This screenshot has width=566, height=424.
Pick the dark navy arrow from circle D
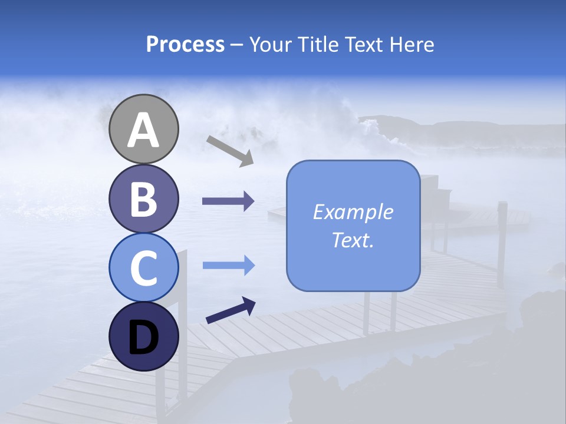[231, 311]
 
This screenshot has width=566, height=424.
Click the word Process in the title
[185, 44]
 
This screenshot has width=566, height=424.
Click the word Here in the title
[411, 44]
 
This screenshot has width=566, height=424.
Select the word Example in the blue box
[353, 212]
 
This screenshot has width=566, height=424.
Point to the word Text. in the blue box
[353, 240]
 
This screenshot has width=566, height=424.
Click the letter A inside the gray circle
[144, 131]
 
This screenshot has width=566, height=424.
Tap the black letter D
[144, 337]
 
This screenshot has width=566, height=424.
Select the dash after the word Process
[236, 45]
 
